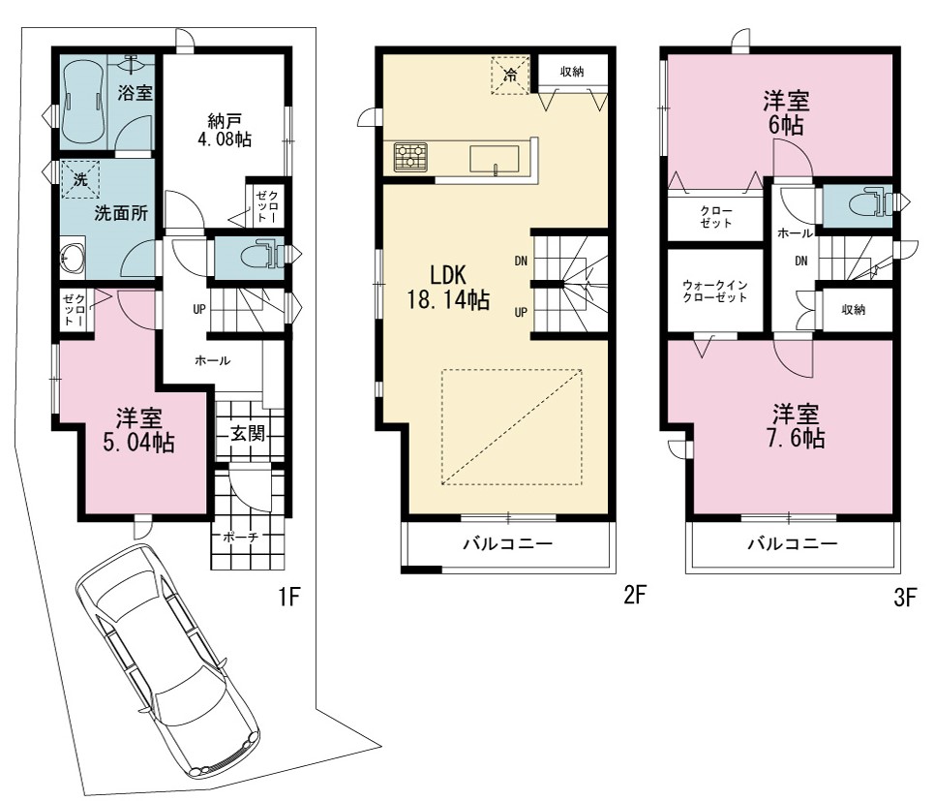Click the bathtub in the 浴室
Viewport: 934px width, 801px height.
84,102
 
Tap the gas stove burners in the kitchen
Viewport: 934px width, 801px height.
410,157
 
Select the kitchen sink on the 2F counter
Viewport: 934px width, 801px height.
494,159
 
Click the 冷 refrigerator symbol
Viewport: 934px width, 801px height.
510,76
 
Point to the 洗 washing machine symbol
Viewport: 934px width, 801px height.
80,179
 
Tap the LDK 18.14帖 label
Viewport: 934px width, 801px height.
448,287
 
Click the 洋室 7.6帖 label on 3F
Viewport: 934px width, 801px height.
796,426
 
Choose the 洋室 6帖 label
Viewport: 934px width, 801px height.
786,113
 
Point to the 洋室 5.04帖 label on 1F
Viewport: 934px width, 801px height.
138,430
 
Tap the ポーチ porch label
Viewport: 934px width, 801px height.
241,537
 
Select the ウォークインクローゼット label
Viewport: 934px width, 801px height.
715,292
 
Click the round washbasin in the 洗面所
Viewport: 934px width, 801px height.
72,258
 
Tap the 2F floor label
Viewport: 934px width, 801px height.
635,595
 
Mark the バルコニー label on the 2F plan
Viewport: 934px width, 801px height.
508,543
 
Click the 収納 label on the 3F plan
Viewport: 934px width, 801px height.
854,309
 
